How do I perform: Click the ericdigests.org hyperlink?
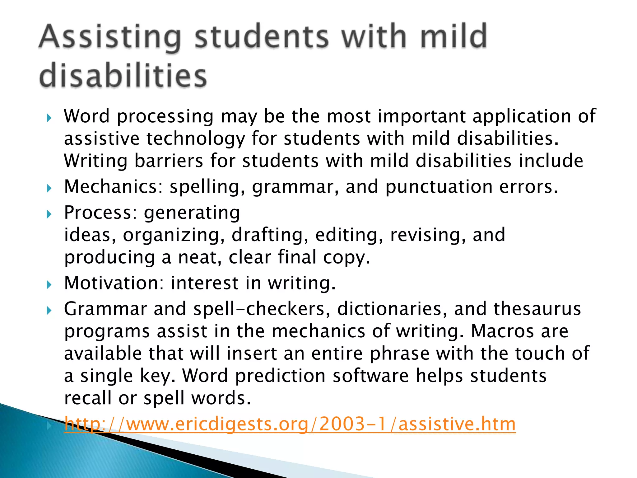[290, 424]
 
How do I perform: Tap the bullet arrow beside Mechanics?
[49, 188]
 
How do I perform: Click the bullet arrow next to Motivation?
[49, 284]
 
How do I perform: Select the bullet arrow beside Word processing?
[49, 118]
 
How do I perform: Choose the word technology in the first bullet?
[196, 138]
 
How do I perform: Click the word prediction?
[280, 376]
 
